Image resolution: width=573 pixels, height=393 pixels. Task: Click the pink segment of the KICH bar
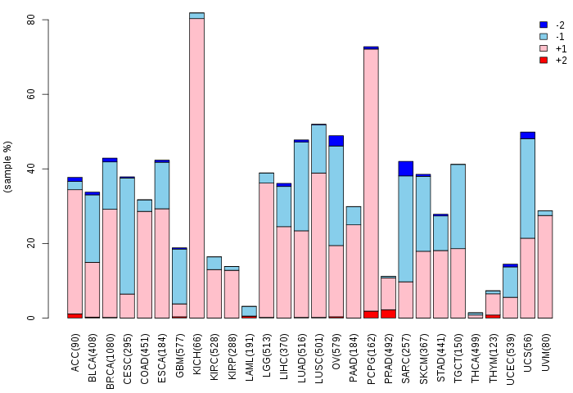[x=196, y=168]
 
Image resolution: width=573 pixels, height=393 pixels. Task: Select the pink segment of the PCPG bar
[x=371, y=180]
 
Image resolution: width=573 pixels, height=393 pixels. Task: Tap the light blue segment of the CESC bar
[x=127, y=236]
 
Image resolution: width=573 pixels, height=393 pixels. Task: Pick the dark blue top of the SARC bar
[x=406, y=169]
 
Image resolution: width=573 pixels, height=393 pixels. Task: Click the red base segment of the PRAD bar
[x=389, y=314]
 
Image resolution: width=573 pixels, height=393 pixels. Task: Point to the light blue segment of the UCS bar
[x=528, y=188]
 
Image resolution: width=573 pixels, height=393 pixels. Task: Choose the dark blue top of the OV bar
[x=336, y=141]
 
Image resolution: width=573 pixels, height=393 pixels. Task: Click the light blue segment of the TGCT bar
[x=458, y=206]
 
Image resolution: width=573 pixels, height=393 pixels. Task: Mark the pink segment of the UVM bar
[x=545, y=267]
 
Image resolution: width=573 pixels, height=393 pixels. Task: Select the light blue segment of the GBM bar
[x=179, y=277]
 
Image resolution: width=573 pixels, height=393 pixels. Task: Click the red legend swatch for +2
[x=544, y=60]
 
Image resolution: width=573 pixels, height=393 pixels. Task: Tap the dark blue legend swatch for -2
[x=544, y=25]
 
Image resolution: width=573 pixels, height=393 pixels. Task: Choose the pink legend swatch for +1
[x=544, y=48]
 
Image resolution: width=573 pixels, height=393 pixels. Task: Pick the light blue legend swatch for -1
[x=544, y=37]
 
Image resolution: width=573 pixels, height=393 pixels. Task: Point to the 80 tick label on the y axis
[x=31, y=20]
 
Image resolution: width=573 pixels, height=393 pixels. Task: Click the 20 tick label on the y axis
[x=31, y=243]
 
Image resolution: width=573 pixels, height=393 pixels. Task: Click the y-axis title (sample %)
[x=7, y=167]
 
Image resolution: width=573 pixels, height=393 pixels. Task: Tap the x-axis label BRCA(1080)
[x=110, y=361]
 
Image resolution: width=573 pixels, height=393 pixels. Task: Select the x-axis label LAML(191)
[x=250, y=357]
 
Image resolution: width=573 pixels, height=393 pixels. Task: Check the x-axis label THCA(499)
[x=476, y=358]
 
